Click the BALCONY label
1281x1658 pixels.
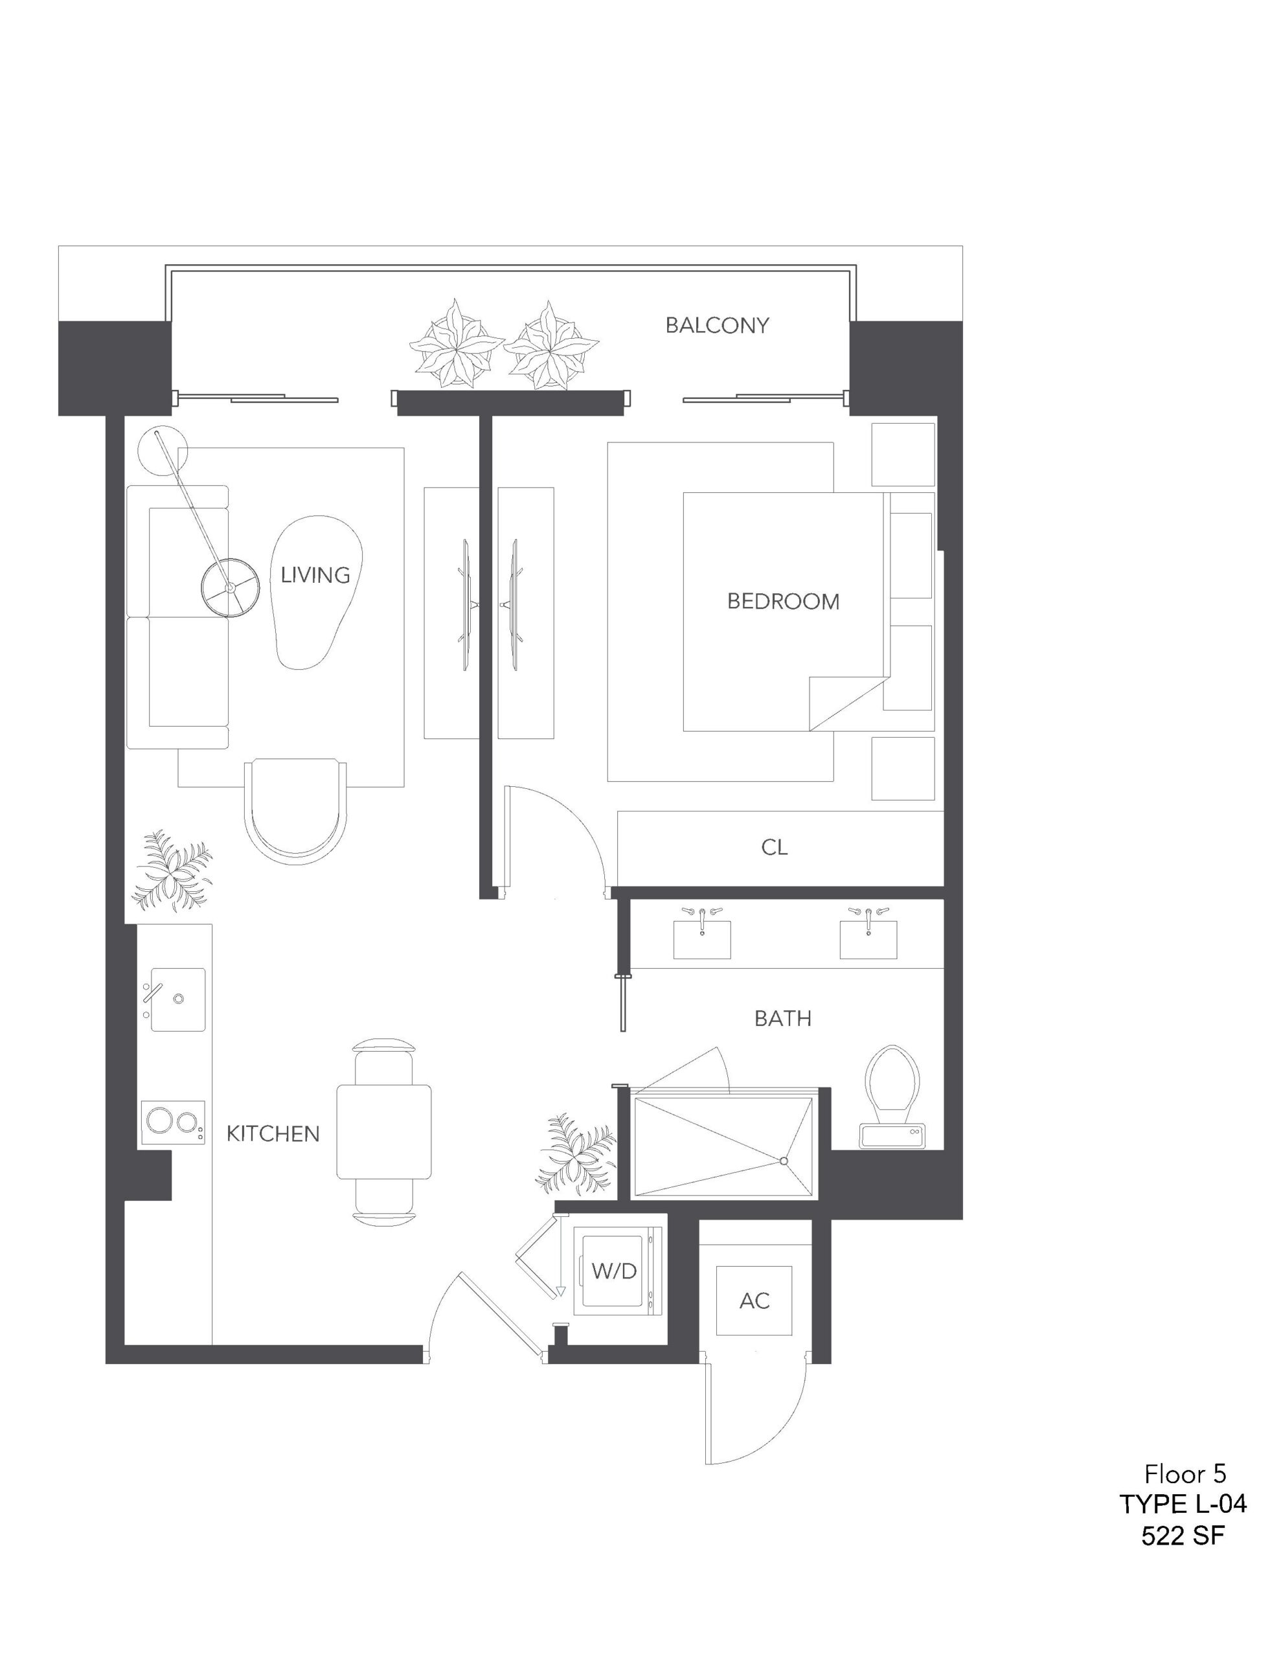pyautogui.click(x=717, y=325)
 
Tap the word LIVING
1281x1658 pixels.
pyautogui.click(x=315, y=574)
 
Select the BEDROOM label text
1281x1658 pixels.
pyautogui.click(x=783, y=601)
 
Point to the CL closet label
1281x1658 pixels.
pyautogui.click(x=774, y=846)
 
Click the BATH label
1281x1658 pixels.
pyautogui.click(x=782, y=1018)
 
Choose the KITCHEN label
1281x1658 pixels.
pyautogui.click(x=273, y=1133)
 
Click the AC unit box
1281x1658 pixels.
pyautogui.click(x=754, y=1300)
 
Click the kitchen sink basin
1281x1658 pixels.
pyautogui.click(x=177, y=999)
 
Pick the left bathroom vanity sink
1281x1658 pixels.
pyautogui.click(x=701, y=939)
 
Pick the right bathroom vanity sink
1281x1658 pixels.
pyautogui.click(x=868, y=939)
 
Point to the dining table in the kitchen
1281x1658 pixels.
pyautogui.click(x=383, y=1132)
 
